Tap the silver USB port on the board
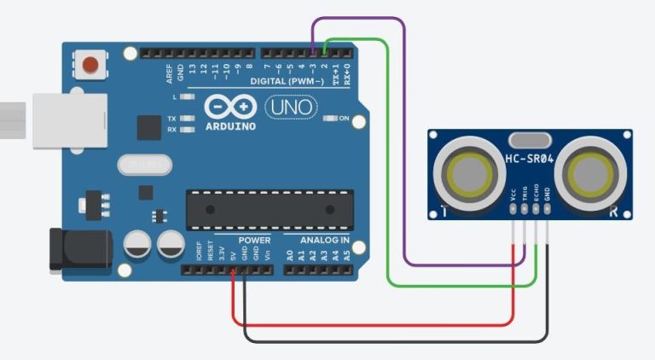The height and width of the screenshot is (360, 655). pos(68,120)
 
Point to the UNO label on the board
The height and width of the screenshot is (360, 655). pos(291,107)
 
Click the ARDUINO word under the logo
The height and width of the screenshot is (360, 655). pos(230,126)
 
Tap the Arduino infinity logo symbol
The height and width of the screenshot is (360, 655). pos(230,107)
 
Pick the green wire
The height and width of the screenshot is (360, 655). pos(389,171)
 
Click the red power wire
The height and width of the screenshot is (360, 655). pos(375,324)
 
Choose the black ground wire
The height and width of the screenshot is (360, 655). pos(392,341)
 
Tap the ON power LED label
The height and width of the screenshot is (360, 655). pos(345,119)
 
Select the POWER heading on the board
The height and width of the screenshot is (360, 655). pos(254,241)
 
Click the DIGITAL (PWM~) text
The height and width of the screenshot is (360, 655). pos(287,81)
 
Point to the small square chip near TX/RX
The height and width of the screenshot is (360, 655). pos(149,128)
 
